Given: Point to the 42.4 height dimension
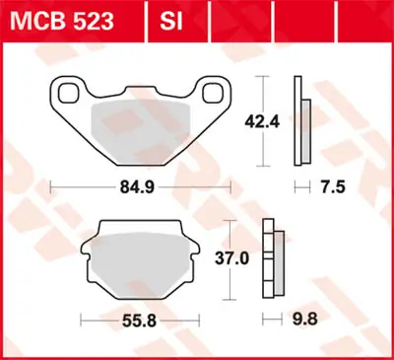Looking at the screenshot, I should pos(284,123).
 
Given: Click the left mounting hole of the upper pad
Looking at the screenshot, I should pos(70,93).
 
